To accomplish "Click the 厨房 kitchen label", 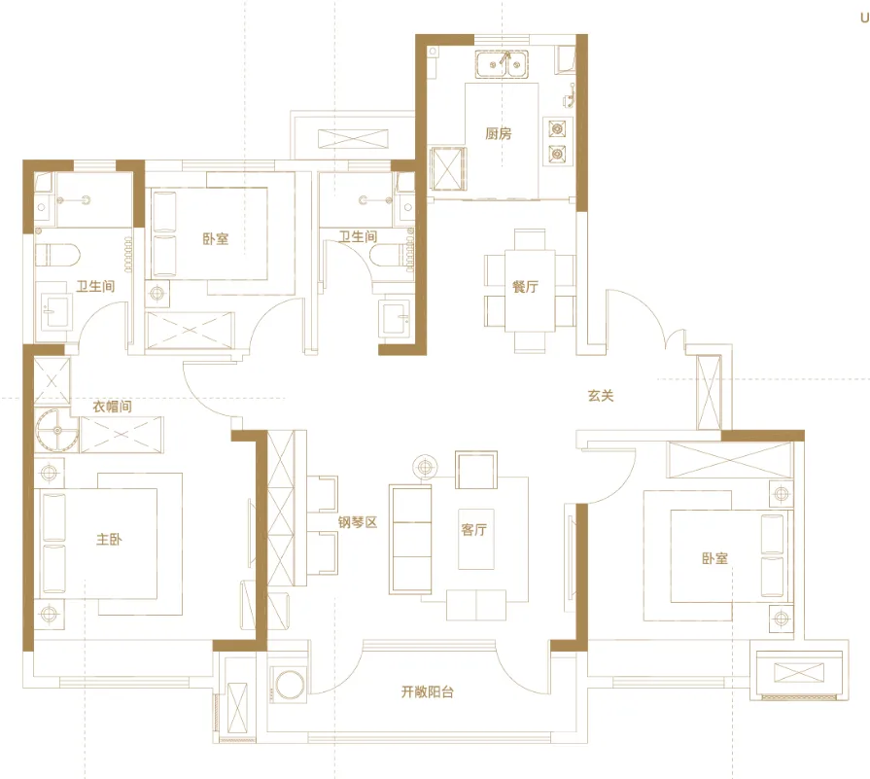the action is pos(499,133).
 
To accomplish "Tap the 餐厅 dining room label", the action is pos(525,287).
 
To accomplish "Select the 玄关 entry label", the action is pos(601,395).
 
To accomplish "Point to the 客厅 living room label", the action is pos(473,530).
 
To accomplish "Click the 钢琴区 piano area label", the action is pos(358,522).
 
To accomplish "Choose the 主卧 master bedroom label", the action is pos(109,539).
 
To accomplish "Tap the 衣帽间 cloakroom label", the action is pos(112,407).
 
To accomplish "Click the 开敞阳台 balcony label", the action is pos(428,691).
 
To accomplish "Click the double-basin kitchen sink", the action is pos(502,64).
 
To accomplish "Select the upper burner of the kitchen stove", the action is pos(557,128).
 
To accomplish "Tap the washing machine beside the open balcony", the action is pos(290,684).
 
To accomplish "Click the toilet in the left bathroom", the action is pos(57,256).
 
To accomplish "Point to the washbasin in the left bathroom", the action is pos(55,311).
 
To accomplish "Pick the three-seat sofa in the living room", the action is pos(411,539).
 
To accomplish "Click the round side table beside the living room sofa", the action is pos(425,467).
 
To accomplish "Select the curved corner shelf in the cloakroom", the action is pos(56,430).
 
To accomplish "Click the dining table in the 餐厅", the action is pos(530,291).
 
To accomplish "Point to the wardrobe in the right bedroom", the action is pos(730,460).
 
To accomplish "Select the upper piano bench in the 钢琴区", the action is pos(323,494).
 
